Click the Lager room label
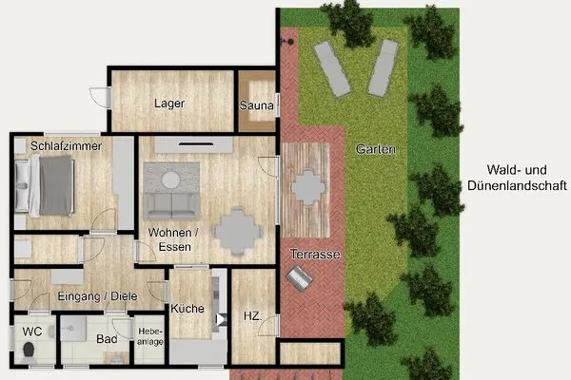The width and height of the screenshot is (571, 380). click(x=171, y=104)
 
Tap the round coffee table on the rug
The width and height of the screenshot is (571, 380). click(x=171, y=179)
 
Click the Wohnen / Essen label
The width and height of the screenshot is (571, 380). click(x=172, y=239)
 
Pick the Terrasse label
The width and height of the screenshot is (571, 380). click(x=315, y=254)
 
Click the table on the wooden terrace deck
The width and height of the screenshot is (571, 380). click(x=307, y=187)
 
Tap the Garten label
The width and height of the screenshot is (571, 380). click(x=375, y=150)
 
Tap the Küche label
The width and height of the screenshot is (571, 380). click(x=188, y=308)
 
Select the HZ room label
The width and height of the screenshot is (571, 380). click(x=251, y=315)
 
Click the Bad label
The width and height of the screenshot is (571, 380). click(x=107, y=339)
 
